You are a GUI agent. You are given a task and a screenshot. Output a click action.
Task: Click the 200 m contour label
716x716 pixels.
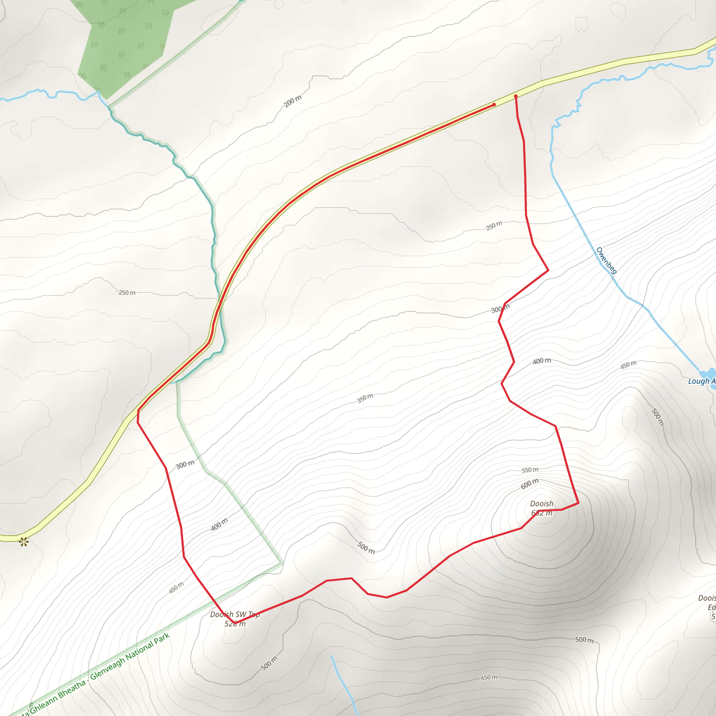point(293,101)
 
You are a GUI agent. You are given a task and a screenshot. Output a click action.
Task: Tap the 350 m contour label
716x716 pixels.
point(365,399)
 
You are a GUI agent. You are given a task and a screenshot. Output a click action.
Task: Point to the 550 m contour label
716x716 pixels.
point(530,470)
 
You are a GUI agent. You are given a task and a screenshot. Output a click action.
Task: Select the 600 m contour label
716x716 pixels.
point(530,484)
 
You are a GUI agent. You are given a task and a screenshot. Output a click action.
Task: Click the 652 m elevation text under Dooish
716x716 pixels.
point(542,513)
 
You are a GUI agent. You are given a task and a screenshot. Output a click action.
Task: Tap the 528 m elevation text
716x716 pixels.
point(235,624)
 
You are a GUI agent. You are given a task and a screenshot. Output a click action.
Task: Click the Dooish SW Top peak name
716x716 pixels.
point(235,615)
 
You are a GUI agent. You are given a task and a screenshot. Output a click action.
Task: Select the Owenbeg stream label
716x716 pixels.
point(606,260)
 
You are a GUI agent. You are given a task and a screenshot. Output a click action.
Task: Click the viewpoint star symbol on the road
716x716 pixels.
point(24,542)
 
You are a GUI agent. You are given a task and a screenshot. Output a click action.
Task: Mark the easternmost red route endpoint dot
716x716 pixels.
point(516,96)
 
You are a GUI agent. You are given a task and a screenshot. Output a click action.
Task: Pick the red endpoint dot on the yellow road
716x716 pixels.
point(494,105)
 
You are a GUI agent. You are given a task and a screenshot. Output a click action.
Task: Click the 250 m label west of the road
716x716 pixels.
point(127,293)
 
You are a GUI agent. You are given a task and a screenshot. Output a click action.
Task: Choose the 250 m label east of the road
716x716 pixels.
point(494,226)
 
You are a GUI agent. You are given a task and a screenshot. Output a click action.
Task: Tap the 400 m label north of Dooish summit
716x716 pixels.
point(542,361)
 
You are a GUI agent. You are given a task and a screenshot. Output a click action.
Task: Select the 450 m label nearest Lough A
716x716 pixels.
point(628,365)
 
